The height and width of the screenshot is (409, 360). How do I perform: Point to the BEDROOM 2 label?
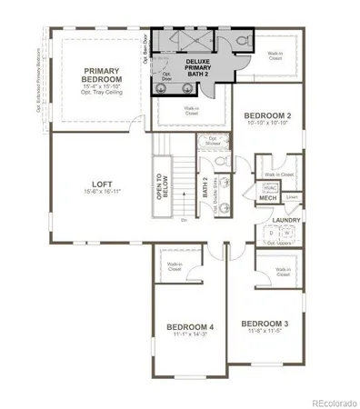pos(267,115)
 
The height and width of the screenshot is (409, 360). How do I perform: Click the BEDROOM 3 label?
pos(264,324)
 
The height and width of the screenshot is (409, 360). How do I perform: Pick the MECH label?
pos(267,197)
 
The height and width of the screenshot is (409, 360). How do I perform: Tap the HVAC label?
pos(269,185)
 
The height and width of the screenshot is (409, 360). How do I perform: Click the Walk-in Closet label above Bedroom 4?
pos(175,266)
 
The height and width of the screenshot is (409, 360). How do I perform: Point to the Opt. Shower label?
pos(214,142)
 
